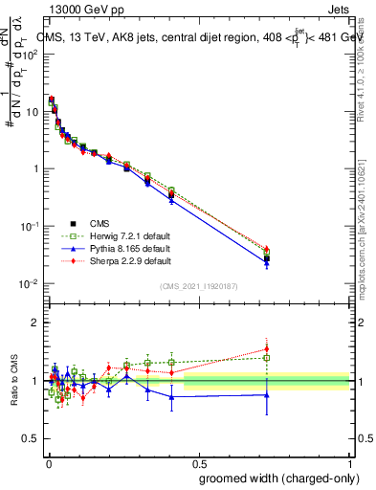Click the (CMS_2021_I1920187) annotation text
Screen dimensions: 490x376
tap(198, 286)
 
